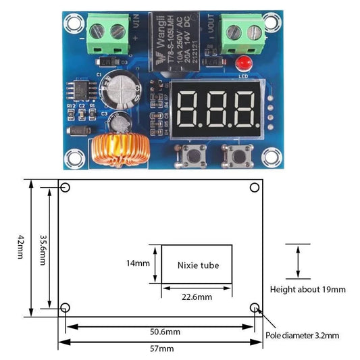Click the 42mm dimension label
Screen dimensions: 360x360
pos(21,248)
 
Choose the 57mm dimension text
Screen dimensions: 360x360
pos(161,349)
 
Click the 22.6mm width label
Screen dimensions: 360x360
pos(196,297)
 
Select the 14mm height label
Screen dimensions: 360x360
pos(138,263)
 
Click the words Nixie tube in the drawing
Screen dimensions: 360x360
pos(198,265)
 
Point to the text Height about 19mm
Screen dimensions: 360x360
pos(307,289)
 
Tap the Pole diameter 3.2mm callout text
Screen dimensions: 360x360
pos(303,335)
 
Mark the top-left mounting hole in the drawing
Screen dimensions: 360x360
pos(66,188)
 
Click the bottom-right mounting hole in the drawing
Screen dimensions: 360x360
pos(255,309)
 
